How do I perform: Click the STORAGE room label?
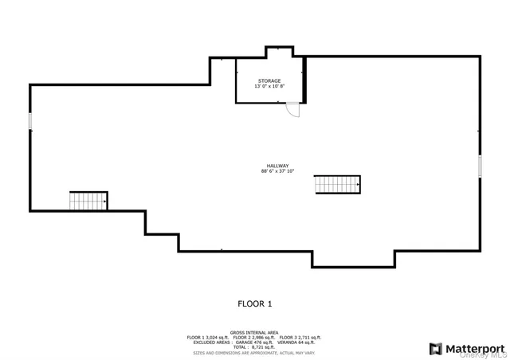coord(269,81)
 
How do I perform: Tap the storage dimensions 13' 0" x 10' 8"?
coord(269,87)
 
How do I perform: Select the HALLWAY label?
coord(277,166)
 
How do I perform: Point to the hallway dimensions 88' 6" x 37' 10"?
coord(277,171)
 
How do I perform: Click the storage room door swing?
coord(294,111)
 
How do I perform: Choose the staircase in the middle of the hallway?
coord(337,184)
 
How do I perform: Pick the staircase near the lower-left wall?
coord(88,201)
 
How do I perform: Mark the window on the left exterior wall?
coord(30,121)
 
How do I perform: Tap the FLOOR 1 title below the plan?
coord(255,303)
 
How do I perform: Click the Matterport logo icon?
coord(436,348)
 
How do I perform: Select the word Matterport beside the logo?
coord(474,348)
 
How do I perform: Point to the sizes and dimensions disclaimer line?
coord(253,352)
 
